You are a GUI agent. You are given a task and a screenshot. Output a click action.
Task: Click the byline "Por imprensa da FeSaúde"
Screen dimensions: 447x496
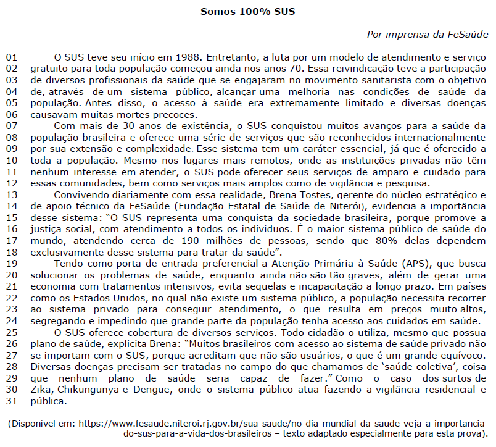pos(428,34)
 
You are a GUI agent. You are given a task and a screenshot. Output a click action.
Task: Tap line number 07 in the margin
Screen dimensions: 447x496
pos(12,126)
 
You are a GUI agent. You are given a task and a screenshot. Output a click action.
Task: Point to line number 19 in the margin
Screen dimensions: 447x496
pos(12,263)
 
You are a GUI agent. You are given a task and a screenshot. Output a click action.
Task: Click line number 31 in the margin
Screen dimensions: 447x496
pos(12,401)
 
